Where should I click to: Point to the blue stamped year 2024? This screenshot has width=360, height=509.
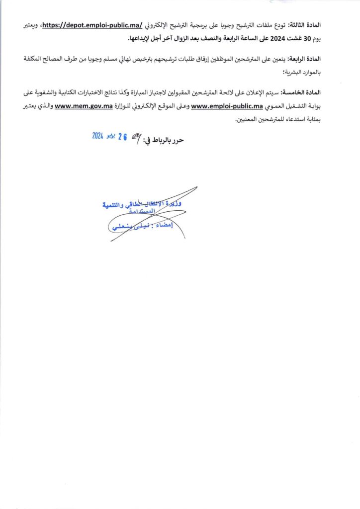click(97, 136)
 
